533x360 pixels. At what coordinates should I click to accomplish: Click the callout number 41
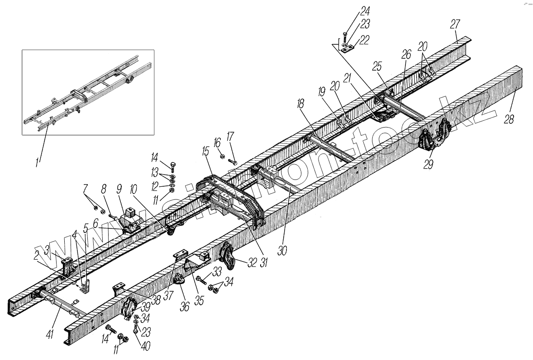51,334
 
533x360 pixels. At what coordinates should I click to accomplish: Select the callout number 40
146,346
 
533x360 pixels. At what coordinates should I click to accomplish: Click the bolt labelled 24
345,36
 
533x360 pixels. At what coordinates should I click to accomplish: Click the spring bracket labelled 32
226,255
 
